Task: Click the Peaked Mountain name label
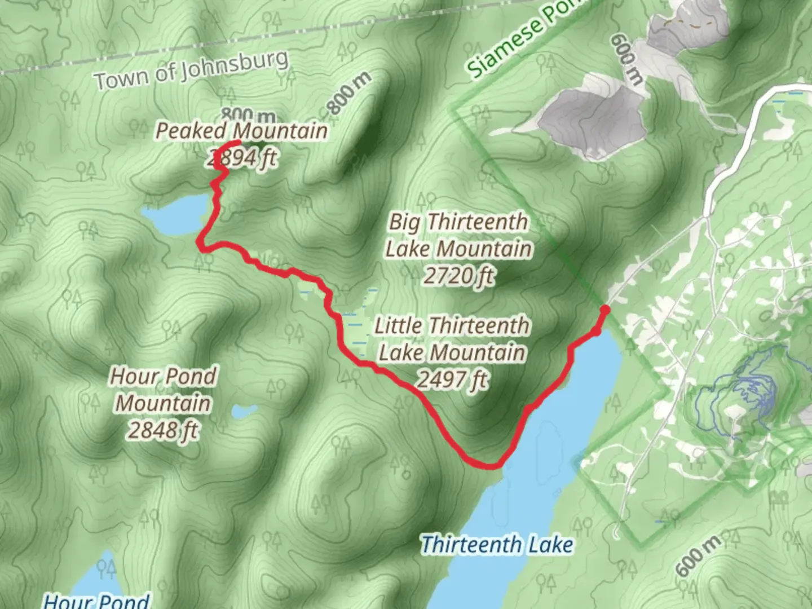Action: click(241, 131)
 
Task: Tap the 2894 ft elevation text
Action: click(241, 158)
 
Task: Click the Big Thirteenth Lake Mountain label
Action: click(458, 235)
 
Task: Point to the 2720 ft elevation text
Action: click(458, 276)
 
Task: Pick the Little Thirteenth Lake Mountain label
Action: click(452, 339)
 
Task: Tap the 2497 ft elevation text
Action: click(452, 379)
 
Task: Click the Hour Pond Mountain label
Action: click(163, 390)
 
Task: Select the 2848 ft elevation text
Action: click(163, 430)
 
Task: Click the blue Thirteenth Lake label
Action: click(497, 545)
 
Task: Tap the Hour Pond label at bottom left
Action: click(96, 600)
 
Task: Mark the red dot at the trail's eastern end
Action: click(604, 310)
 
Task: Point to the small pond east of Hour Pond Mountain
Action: click(244, 412)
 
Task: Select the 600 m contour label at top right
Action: click(626, 59)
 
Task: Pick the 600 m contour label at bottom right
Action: click(698, 555)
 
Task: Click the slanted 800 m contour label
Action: click(350, 93)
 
